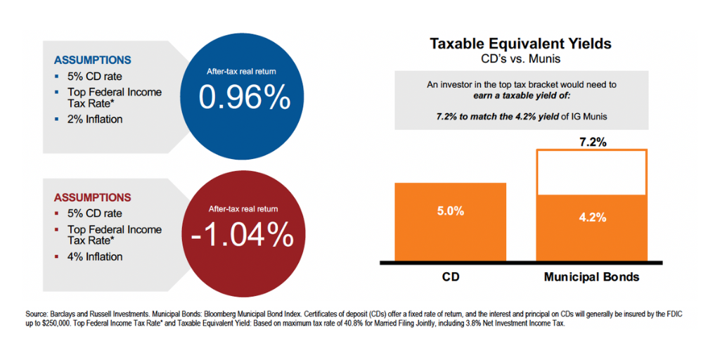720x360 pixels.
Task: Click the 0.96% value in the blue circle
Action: click(x=244, y=98)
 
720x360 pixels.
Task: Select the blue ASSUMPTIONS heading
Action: click(x=92, y=60)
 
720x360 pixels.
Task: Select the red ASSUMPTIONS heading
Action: click(x=92, y=198)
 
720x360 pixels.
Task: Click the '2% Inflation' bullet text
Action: click(x=95, y=119)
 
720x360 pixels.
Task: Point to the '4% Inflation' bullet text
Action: click(x=95, y=257)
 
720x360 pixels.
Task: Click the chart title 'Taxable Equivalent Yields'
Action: click(x=520, y=44)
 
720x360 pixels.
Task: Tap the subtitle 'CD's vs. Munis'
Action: click(x=520, y=58)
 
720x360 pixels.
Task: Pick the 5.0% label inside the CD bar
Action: click(x=450, y=211)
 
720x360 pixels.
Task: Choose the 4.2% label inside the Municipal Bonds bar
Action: click(x=592, y=217)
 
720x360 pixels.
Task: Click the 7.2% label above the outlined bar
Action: click(x=592, y=141)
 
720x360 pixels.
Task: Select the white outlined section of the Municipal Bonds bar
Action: click(x=592, y=172)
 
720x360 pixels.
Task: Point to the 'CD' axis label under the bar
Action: click(x=450, y=277)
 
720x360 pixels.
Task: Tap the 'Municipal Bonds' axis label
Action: click(x=592, y=277)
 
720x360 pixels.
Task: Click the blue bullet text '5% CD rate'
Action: click(x=95, y=76)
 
